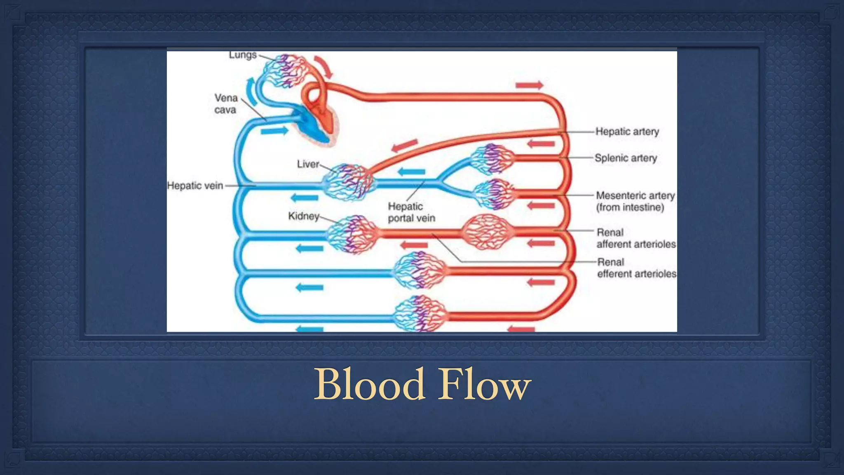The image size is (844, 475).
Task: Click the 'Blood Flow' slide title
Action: (422, 384)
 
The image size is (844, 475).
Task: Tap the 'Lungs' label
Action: (243, 55)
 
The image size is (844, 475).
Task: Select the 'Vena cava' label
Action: (225, 104)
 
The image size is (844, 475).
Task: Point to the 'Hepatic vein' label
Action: (195, 186)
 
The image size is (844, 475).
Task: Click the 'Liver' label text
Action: (308, 164)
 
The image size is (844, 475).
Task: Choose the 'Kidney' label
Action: (304, 216)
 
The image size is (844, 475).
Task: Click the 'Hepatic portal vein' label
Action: (411, 212)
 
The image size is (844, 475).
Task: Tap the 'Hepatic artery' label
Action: (627, 132)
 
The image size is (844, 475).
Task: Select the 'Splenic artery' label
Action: (626, 158)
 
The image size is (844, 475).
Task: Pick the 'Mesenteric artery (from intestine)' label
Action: (635, 201)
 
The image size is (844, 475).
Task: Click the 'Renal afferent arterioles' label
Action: (636, 238)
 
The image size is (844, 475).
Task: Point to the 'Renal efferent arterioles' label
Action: (636, 268)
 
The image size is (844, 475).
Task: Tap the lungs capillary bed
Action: (284, 70)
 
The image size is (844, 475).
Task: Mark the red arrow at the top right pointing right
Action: (529, 85)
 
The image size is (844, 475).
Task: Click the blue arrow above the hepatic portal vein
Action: (411, 172)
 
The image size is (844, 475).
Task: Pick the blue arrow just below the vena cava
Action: (274, 131)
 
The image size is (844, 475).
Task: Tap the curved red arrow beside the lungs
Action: (324, 67)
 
